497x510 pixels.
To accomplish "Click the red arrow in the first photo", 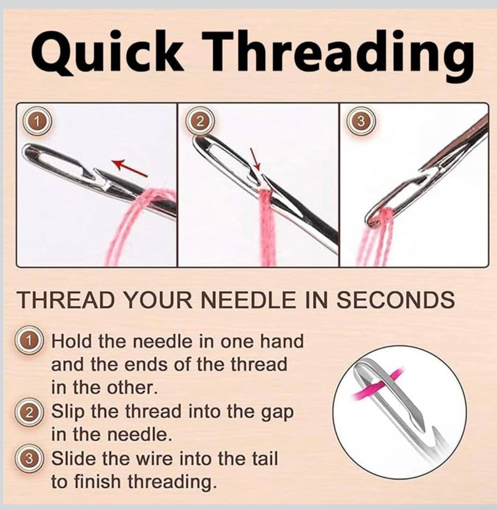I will (130, 168).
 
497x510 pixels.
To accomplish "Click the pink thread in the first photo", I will (131, 219).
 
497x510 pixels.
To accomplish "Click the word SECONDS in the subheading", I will (395, 301).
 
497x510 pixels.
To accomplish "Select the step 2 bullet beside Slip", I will (30, 412).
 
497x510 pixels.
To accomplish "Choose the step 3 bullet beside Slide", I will (30, 459).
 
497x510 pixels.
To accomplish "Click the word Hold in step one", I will (72, 341).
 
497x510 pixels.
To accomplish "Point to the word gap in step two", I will (278, 412).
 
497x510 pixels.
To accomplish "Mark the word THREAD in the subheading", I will (67, 301).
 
